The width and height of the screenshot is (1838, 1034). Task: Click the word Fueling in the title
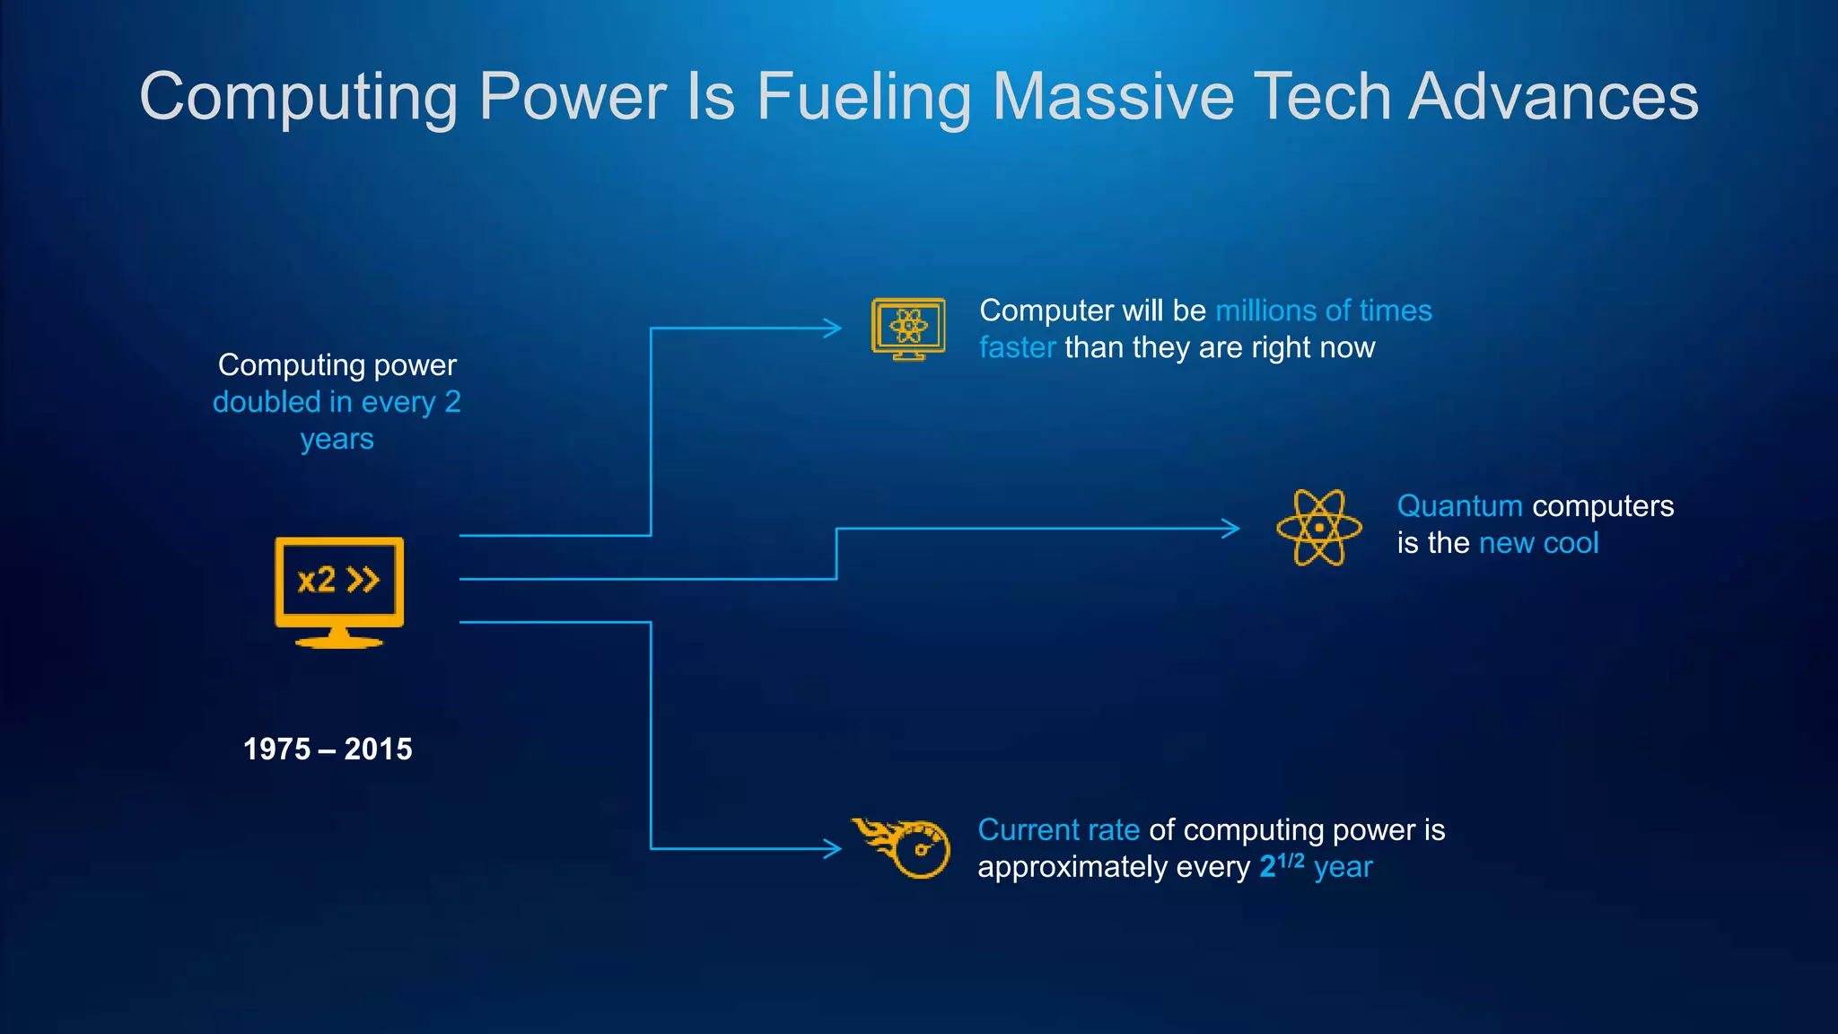point(863,97)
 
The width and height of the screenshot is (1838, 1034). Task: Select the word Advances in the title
point(1553,97)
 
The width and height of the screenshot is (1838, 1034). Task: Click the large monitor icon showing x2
point(339,591)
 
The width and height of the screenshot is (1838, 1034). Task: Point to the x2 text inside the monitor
point(316,581)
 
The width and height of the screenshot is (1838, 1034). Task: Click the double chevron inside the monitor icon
point(363,580)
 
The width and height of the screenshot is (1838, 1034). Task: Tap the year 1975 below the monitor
point(276,749)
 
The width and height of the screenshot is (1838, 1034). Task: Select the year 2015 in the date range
point(378,749)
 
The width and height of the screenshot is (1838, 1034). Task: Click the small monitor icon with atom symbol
point(908,329)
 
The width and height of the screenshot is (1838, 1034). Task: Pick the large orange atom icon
point(1318,528)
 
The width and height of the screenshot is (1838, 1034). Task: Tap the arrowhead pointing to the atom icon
point(1231,528)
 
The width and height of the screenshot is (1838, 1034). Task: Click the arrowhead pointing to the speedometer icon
point(833,848)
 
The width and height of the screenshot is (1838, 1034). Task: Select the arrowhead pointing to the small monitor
point(833,329)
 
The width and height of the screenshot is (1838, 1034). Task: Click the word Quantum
point(1459,506)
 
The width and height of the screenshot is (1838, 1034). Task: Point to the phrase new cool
point(1538,543)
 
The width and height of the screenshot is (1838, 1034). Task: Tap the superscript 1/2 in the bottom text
point(1291,860)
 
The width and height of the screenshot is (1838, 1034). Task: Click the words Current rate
point(1058,830)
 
